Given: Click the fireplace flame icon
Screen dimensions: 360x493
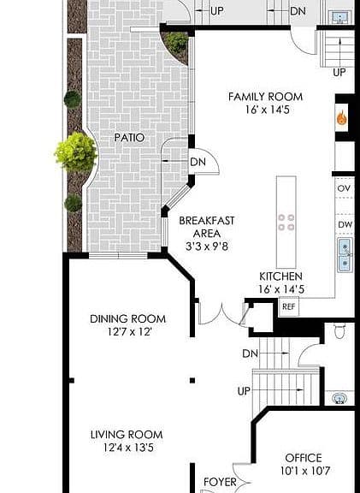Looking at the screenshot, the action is [341, 118].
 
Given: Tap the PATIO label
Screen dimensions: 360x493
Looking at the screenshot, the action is [129, 138].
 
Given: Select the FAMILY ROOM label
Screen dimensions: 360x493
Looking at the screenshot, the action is [265, 97].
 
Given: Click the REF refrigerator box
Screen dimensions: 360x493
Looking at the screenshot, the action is [289, 306].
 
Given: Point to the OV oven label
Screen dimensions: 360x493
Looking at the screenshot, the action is [344, 188].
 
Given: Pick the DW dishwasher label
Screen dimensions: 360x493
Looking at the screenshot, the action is [345, 225].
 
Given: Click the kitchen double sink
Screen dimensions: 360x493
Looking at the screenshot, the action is [345, 255].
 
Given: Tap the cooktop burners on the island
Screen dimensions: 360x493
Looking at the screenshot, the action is [286, 222].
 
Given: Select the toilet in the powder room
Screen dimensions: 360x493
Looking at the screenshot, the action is [339, 331].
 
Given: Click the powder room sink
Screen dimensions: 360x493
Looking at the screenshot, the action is [339, 399].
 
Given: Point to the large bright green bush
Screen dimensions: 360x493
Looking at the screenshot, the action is [76, 152].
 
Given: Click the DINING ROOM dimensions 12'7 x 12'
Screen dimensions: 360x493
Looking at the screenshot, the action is [130, 332].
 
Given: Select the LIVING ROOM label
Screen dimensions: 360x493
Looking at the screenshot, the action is [127, 435].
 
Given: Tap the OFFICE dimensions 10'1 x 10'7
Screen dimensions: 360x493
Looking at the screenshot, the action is [305, 471].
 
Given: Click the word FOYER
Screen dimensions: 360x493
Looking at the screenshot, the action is [220, 482].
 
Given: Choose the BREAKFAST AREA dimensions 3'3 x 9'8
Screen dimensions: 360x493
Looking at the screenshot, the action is [207, 246].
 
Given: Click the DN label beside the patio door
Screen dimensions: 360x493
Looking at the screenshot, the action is [198, 163].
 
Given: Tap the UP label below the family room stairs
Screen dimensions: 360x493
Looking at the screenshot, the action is [339, 73].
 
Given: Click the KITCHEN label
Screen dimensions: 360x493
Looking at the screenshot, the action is [280, 276].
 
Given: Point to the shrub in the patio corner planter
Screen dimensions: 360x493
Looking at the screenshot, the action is [176, 43].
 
